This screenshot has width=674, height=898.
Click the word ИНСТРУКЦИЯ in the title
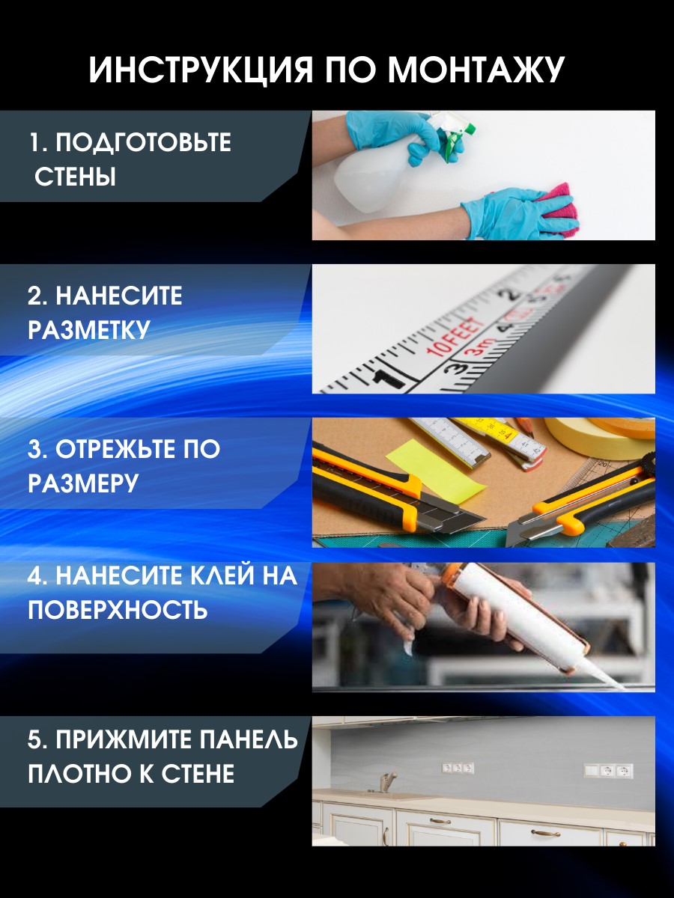(x=201, y=70)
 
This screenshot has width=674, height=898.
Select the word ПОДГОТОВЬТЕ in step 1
(x=143, y=143)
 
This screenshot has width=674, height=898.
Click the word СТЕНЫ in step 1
(x=75, y=177)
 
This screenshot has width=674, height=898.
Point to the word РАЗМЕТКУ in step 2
(x=89, y=330)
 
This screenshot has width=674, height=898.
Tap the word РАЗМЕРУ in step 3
(x=83, y=483)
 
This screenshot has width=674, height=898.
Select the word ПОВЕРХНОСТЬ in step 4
(x=118, y=610)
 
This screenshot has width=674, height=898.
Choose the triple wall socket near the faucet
(x=458, y=768)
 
